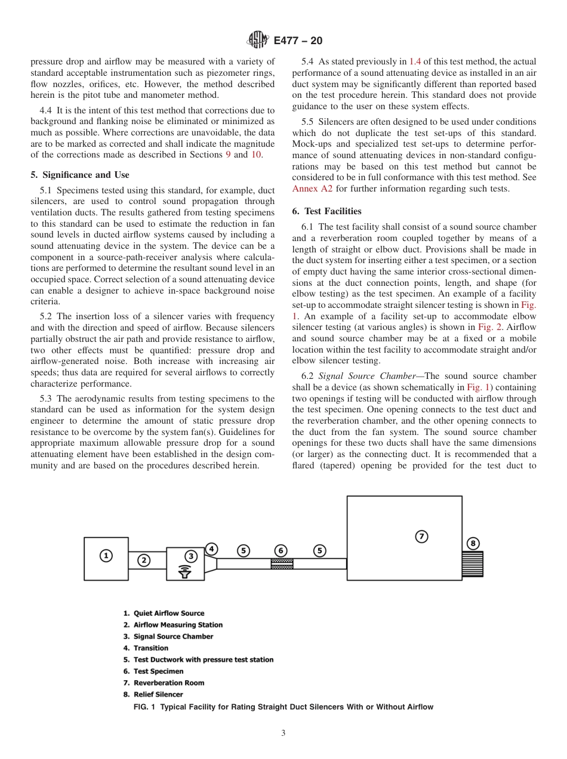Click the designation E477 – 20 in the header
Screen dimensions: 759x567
tap(298, 41)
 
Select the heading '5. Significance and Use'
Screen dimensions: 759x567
tap(80, 175)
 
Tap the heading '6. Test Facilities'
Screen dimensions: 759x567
tap(326, 211)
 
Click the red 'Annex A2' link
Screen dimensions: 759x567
tap(312, 189)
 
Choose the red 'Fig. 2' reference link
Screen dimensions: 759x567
tap(490, 327)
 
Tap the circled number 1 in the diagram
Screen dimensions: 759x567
tap(106, 556)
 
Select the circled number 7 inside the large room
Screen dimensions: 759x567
tap(421, 536)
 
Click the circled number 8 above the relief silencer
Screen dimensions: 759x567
tap(473, 543)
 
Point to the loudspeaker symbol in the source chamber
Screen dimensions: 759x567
tap(186, 572)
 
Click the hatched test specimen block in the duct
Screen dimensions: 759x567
tap(282, 564)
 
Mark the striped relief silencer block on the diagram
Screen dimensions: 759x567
tap(473, 564)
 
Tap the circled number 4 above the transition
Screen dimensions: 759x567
tap(211, 548)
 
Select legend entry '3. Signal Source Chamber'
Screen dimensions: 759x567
tap(168, 636)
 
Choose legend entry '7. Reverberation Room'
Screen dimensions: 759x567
tap(164, 683)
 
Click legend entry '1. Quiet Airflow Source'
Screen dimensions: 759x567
tap(164, 613)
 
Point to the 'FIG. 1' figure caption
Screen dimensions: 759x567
tap(283, 707)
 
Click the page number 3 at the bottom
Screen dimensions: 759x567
tap(283, 733)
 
